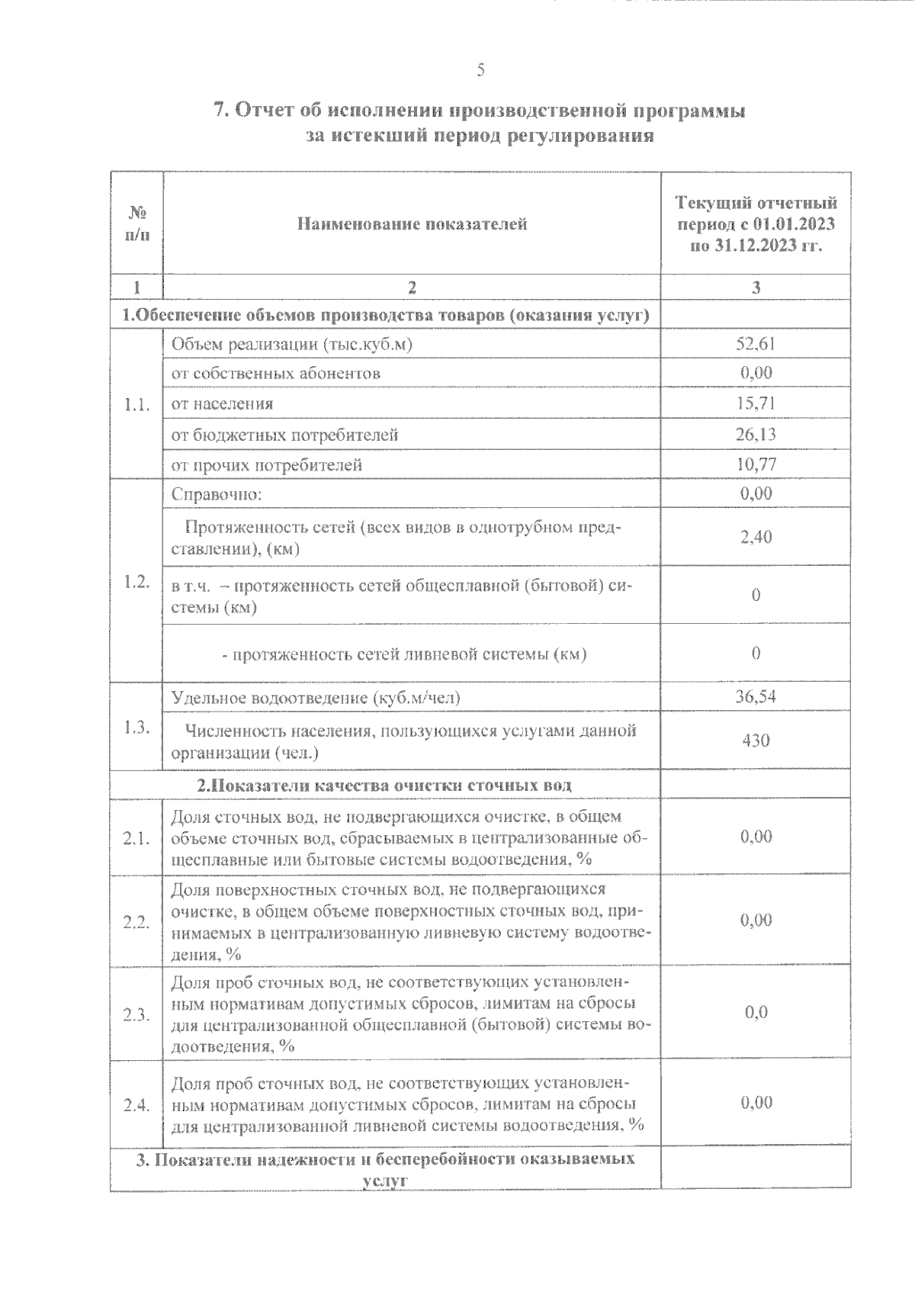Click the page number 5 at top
pos(480,71)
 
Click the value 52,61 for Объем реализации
pos(756,344)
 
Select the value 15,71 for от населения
pos(756,403)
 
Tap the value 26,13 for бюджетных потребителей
pos(756,435)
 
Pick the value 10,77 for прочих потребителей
pos(756,464)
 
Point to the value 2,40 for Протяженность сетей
pos(756,537)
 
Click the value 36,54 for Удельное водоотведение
pos(756,697)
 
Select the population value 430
pos(756,741)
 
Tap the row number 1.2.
pos(136,582)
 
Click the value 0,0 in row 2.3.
pos(756,1013)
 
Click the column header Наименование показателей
pos(412,224)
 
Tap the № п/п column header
pos(136,223)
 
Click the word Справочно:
pos(217,494)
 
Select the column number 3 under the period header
pos(756,288)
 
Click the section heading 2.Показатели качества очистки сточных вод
pos(384,785)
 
